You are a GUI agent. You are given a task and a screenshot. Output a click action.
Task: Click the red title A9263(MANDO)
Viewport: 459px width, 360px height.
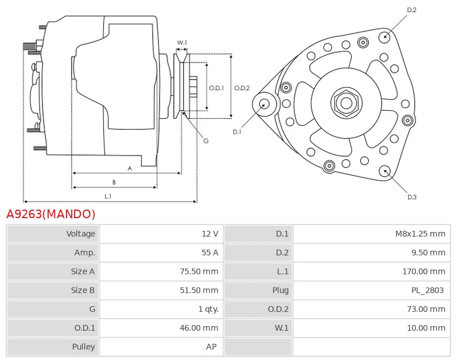[x=50, y=214]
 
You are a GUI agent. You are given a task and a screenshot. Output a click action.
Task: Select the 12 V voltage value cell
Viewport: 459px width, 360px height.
[x=209, y=234]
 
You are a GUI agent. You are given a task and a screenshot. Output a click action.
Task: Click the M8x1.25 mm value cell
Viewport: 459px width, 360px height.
[x=420, y=234]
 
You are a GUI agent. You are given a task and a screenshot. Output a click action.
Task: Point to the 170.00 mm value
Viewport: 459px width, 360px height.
[x=423, y=272]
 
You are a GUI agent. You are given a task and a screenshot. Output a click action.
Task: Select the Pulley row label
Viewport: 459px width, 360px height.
[x=84, y=347]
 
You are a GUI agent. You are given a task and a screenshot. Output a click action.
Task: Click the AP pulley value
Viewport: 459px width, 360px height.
[x=211, y=347]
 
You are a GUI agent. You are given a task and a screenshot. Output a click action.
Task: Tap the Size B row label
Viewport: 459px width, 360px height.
[x=83, y=291]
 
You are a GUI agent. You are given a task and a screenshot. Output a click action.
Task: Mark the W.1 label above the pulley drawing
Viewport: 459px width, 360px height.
[x=182, y=42]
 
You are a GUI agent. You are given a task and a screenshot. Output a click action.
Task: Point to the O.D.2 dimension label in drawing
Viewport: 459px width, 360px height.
[x=242, y=88]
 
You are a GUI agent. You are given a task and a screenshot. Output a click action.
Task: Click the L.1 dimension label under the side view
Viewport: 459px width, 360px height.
[x=108, y=196]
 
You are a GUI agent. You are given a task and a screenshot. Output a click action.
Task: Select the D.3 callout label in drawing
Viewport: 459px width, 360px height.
[x=411, y=197]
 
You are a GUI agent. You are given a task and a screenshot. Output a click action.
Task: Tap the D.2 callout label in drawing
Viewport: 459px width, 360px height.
[x=411, y=10]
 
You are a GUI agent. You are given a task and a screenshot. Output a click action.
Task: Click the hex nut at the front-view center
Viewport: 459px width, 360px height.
[x=346, y=103]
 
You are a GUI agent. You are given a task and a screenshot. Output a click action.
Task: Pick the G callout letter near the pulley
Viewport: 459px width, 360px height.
[x=205, y=141]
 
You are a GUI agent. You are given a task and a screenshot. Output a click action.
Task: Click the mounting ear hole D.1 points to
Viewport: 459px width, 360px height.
[x=264, y=104]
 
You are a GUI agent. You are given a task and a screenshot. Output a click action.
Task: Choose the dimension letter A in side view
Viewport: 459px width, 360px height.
[x=130, y=168]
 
